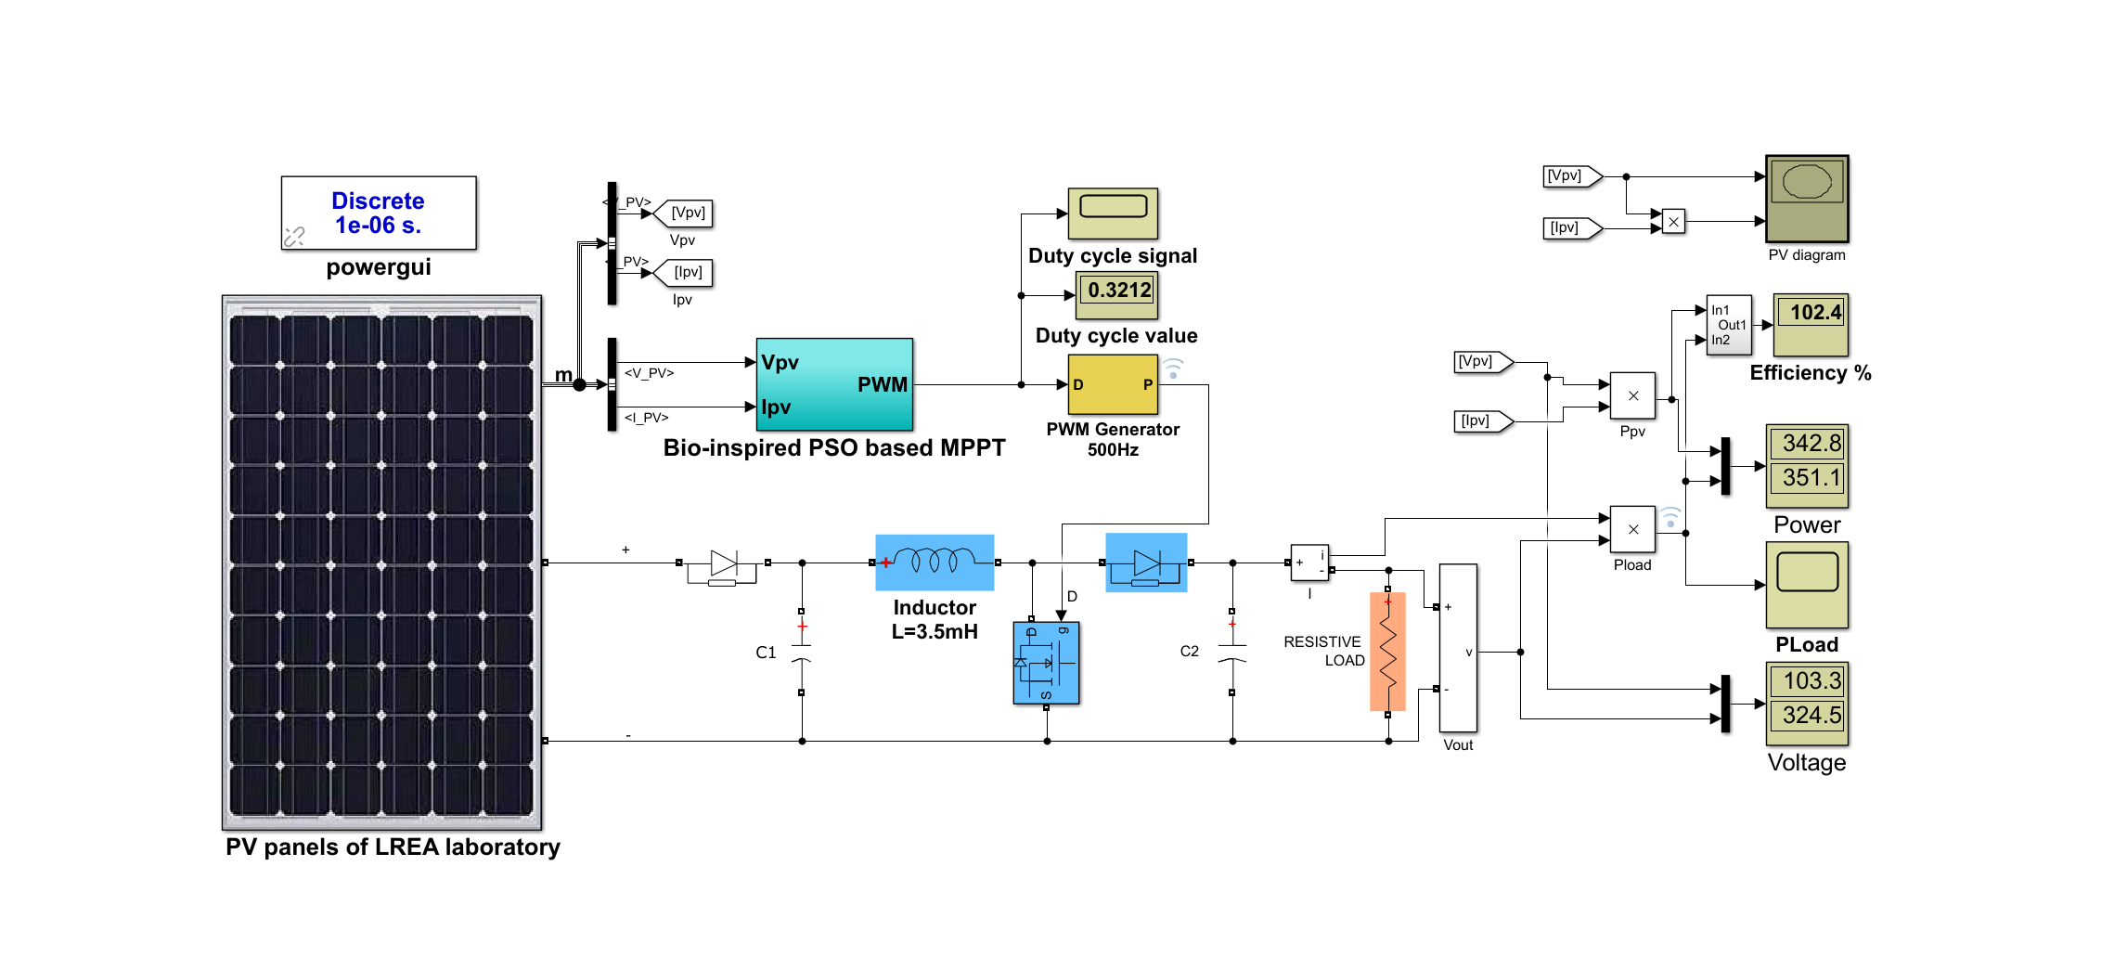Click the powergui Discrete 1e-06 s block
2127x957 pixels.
click(x=379, y=213)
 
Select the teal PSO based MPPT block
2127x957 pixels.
click(x=834, y=384)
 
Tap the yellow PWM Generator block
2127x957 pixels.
click(x=1113, y=384)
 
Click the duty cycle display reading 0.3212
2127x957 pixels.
click(x=1117, y=291)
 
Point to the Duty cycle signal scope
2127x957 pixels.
click(x=1113, y=213)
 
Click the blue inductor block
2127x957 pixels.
click(x=935, y=562)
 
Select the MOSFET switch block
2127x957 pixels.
click(x=1046, y=663)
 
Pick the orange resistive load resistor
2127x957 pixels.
click(x=1387, y=652)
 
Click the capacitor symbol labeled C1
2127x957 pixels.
click(x=802, y=652)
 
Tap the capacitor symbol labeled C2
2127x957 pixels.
click(x=1231, y=652)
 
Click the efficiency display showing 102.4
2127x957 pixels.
click(x=1811, y=314)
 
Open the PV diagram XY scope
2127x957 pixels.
click(x=1807, y=199)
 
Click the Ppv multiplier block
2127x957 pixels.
click(x=1632, y=396)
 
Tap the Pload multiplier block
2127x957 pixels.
click(x=1632, y=530)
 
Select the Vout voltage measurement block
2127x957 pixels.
click(x=1458, y=648)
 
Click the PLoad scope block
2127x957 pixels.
click(x=1807, y=585)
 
